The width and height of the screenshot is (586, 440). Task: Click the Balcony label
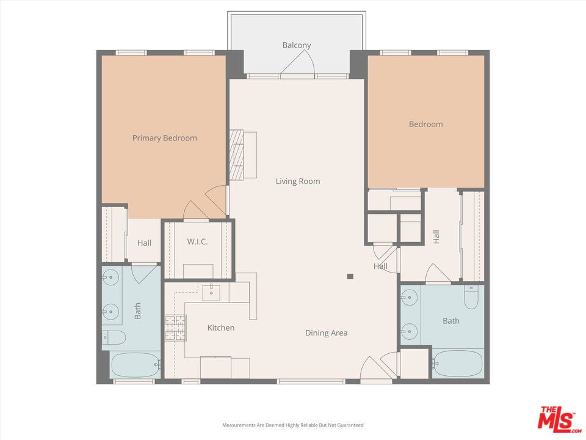pos(297,45)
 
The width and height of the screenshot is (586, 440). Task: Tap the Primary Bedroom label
pos(164,138)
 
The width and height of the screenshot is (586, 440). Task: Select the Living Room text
pos(297,182)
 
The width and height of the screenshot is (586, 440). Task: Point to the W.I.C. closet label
pos(197,242)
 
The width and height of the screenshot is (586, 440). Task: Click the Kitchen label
pos(220,328)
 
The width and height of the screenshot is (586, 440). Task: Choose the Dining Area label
pos(326,333)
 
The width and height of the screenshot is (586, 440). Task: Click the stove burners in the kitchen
pos(175,328)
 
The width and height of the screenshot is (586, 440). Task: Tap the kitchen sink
pos(211,291)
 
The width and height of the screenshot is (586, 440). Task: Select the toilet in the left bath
pos(114,337)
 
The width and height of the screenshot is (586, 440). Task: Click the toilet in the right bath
pos(471,297)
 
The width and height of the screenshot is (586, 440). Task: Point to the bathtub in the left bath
pos(135,365)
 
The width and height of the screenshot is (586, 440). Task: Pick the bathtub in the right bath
pos(458,364)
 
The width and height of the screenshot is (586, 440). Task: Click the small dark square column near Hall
pos(350,276)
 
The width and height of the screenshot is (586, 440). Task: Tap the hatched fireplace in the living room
pos(236,155)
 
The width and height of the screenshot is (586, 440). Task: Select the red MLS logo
pos(557,419)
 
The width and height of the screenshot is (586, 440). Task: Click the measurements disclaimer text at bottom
pos(293,425)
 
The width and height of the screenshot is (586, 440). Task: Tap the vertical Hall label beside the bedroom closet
pos(436,237)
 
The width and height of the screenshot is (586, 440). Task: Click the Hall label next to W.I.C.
pos(144,243)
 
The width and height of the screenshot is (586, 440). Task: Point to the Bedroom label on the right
pos(425,125)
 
